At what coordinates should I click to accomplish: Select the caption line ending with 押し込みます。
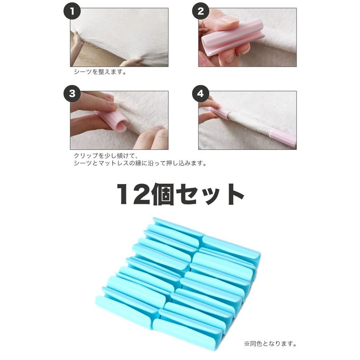point(140,163)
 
